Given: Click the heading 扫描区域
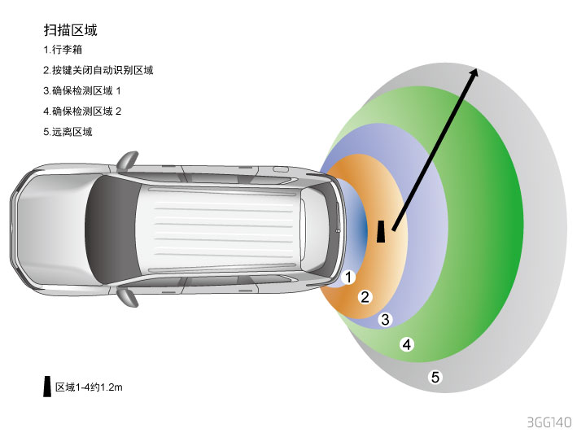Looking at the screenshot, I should point(71,30).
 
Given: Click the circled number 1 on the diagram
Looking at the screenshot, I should point(349,278).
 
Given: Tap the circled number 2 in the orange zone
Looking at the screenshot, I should point(365,297).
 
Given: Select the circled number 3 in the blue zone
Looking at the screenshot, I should point(386,319).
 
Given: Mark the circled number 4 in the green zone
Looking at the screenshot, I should point(407,344).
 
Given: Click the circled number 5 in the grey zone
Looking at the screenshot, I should point(435,377).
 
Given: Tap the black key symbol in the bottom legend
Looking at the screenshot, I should point(47,387).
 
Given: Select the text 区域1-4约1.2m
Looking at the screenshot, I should point(89,388).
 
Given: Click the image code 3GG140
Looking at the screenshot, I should point(549,422).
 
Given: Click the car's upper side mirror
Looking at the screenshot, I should point(127,160).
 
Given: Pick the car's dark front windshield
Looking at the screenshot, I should point(104,227).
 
